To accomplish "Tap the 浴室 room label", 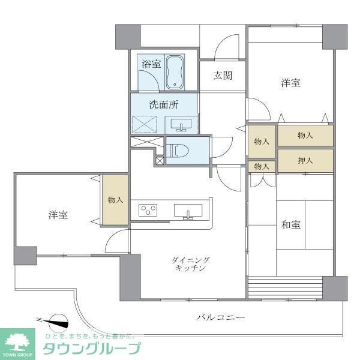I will [x=151, y=64].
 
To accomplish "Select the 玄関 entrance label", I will [x=223, y=76].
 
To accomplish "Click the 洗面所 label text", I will [x=164, y=104].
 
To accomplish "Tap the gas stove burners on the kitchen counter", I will [x=148, y=210].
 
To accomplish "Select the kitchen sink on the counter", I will [x=188, y=211].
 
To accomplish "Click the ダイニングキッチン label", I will [x=191, y=264].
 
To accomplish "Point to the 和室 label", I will [x=291, y=225].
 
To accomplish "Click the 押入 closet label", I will [x=305, y=160].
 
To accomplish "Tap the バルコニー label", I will [x=220, y=317].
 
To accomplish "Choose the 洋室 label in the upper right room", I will [x=290, y=83].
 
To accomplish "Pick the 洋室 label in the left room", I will [x=58, y=214].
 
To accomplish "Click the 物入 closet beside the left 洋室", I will [x=115, y=200].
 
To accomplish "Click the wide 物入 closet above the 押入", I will [x=305, y=136].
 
